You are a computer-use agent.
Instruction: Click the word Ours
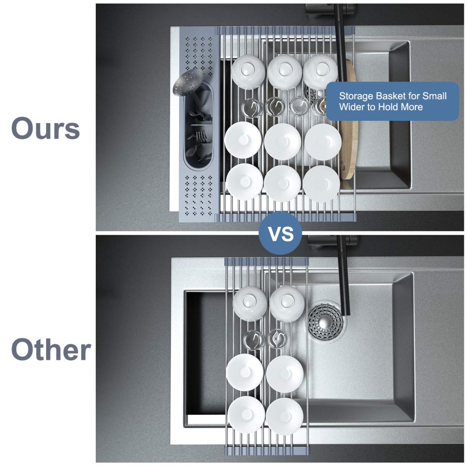(x=46, y=128)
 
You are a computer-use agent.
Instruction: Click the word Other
(x=51, y=350)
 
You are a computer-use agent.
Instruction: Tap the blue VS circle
(x=280, y=233)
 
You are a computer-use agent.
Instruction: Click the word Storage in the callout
(x=356, y=96)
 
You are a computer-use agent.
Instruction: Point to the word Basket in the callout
(x=390, y=96)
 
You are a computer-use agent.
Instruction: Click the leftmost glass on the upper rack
(x=252, y=108)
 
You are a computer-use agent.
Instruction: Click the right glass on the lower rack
(x=277, y=339)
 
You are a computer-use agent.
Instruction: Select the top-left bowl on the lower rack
(x=250, y=303)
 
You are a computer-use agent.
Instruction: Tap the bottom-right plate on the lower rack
(x=285, y=416)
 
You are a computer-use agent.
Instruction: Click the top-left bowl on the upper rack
(x=248, y=72)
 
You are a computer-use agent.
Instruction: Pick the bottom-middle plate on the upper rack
(x=282, y=183)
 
